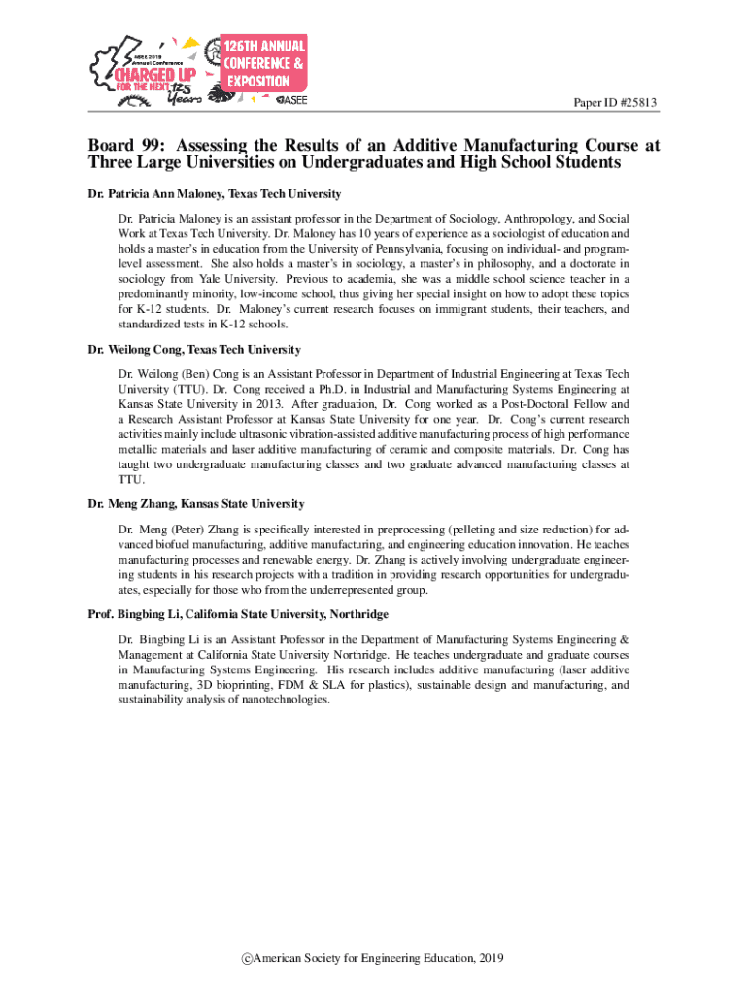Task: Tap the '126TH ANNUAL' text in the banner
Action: pyautogui.click(x=265, y=46)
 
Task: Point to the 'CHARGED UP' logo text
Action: pyautogui.click(x=153, y=73)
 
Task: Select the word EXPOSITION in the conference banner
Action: pyautogui.click(x=258, y=81)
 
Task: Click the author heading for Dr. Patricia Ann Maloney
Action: pyautogui.click(x=214, y=194)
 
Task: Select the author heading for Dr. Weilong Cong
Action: pyautogui.click(x=193, y=349)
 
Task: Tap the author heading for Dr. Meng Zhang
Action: pyautogui.click(x=195, y=503)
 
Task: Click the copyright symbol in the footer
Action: pyautogui.click(x=248, y=958)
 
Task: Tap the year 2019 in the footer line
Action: pyautogui.click(x=492, y=958)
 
